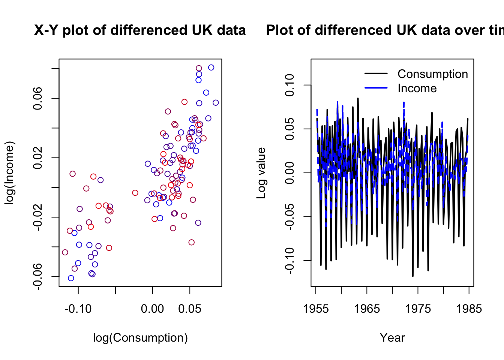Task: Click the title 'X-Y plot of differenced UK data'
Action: click(140, 30)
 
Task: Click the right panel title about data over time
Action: click(385, 30)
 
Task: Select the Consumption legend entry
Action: click(433, 74)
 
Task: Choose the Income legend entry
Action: click(417, 88)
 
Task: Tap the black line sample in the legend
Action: click(376, 74)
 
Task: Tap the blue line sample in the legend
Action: click(376, 88)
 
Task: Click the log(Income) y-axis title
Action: click(9, 173)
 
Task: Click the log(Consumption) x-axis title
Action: click(140, 337)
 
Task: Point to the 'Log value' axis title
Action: click(261, 173)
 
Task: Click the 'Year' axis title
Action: click(392, 337)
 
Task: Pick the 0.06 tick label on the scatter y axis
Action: click(38, 98)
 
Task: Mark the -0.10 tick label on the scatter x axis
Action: click(78, 309)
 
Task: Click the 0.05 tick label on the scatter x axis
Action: click(190, 309)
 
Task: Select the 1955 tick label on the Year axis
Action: click(316, 309)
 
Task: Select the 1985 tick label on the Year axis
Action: click(469, 309)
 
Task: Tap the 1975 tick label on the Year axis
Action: click(418, 309)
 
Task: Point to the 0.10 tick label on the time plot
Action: click(290, 85)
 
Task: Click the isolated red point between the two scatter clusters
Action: click(135, 193)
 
